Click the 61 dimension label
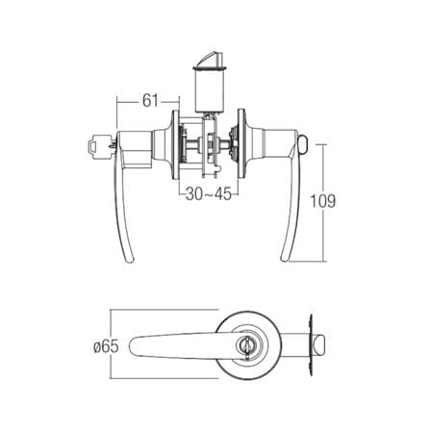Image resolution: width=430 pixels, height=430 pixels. (150, 101)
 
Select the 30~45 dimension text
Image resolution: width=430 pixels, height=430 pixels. (208, 194)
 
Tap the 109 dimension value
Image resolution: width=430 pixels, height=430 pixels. (323, 201)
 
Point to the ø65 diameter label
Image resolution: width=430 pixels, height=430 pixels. (106, 347)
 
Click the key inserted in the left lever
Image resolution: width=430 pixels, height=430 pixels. (99, 146)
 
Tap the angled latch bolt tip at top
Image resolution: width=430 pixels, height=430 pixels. (209, 59)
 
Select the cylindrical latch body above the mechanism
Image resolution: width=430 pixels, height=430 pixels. (210, 90)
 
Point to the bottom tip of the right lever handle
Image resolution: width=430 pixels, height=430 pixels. (285, 259)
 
